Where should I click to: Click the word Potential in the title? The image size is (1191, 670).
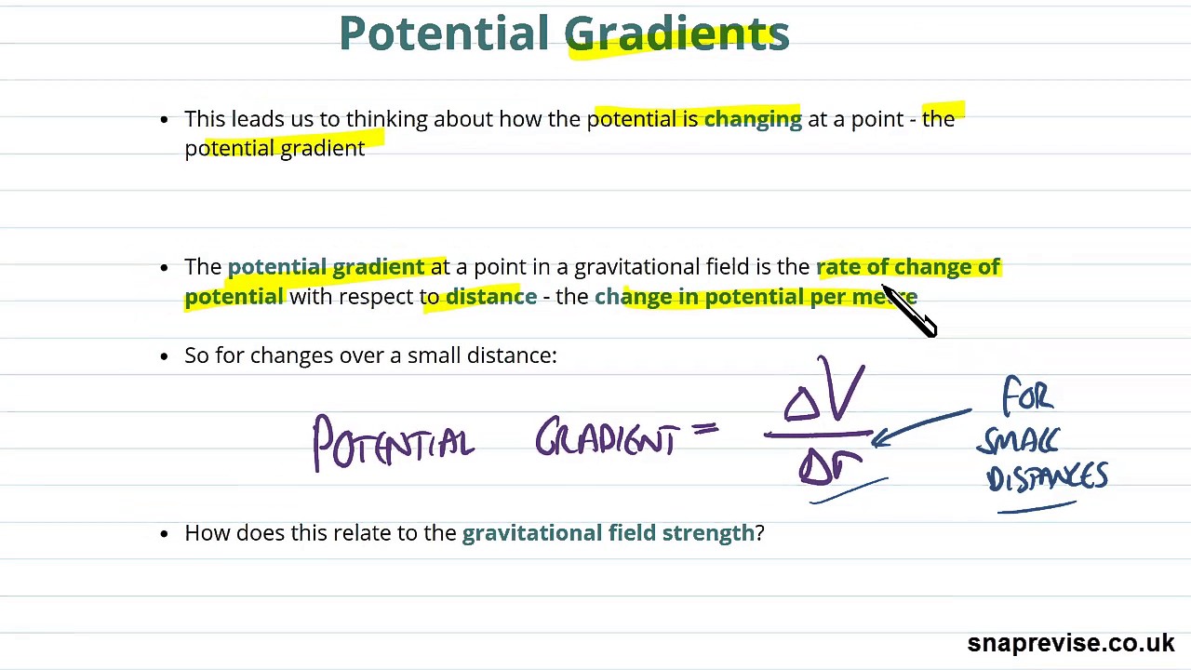[444, 33]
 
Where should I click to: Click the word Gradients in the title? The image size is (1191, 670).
[676, 34]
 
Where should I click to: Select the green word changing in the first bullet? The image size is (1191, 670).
[753, 119]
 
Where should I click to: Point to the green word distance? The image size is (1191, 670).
[491, 297]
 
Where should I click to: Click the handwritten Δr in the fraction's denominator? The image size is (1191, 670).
[828, 464]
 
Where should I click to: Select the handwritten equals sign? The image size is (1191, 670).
[704, 429]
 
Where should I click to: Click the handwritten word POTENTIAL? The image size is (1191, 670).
[393, 444]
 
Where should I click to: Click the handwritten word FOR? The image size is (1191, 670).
[1027, 396]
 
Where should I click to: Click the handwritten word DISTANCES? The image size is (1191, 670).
[1047, 477]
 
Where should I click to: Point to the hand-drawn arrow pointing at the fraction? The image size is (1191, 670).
[921, 426]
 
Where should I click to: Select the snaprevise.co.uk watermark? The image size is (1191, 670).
[1070, 643]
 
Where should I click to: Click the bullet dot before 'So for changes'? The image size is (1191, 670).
[165, 356]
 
